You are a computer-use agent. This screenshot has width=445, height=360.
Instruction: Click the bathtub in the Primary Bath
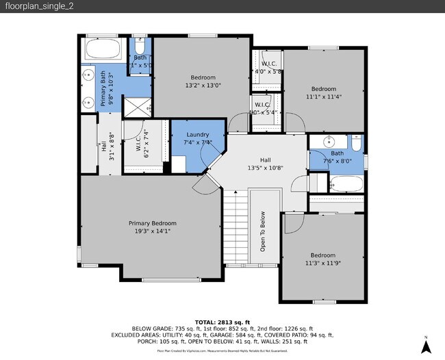pyautogui.click(x=104, y=50)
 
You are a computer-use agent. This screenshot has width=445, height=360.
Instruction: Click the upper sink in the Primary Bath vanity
pyautogui.click(x=88, y=75)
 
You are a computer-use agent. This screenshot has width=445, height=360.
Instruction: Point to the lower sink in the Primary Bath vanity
pyautogui.click(x=88, y=103)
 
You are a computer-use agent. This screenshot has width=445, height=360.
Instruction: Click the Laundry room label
pyautogui.click(x=197, y=135)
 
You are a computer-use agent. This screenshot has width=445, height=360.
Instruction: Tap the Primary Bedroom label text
pyautogui.click(x=153, y=223)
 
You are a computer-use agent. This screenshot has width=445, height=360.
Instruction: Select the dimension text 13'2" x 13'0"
pyautogui.click(x=203, y=86)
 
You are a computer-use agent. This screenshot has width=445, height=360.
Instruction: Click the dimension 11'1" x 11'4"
pyautogui.click(x=324, y=97)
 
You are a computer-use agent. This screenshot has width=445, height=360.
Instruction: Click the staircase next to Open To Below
pyautogui.click(x=236, y=229)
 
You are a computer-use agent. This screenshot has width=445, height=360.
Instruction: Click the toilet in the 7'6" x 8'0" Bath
pyautogui.click(x=356, y=143)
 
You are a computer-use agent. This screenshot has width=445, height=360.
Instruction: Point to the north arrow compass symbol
pyautogui.click(x=425, y=346)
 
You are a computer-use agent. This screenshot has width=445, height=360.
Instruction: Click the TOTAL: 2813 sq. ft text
pyautogui.click(x=222, y=322)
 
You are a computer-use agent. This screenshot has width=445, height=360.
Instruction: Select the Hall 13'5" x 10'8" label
pyautogui.click(x=264, y=164)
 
